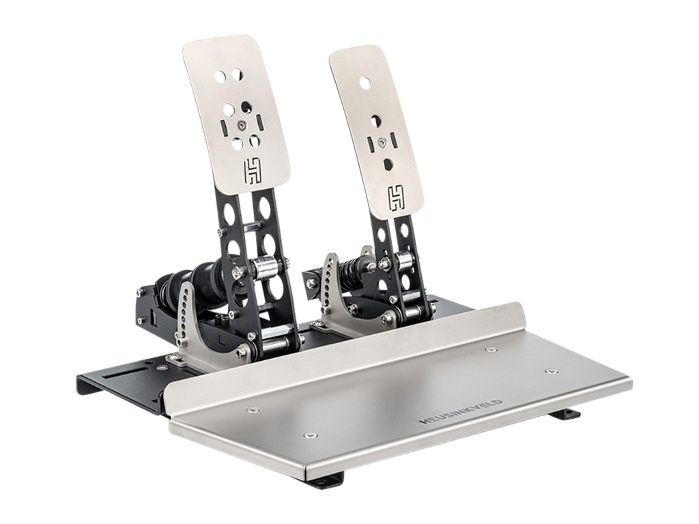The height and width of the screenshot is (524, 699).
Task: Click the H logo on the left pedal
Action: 253,172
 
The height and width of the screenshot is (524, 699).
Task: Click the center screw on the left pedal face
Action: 241,125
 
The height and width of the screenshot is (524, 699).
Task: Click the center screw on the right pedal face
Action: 382,142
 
